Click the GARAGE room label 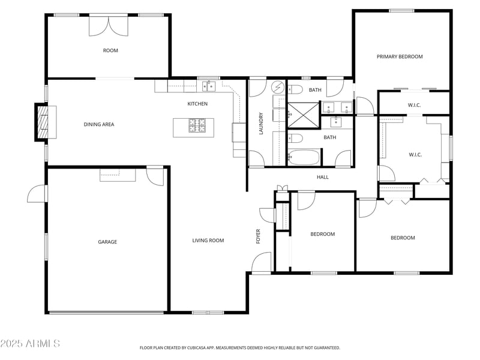pos(107,242)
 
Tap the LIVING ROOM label pos(208,241)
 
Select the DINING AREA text pos(98,125)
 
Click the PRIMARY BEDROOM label pos(400,56)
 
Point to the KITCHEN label pos(197,104)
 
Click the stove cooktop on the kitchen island pos(197,125)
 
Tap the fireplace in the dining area pos(42,122)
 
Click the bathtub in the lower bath pos(304,158)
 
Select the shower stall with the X pos(303,112)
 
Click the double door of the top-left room pos(109,25)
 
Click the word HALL pos(323,177)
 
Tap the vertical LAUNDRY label pos(261,123)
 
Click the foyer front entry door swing pos(262,262)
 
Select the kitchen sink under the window pos(208,88)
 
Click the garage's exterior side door pos(37,194)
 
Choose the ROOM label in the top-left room pos(110,50)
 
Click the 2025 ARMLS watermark pos(30,343)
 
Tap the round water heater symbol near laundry pos(278,88)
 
